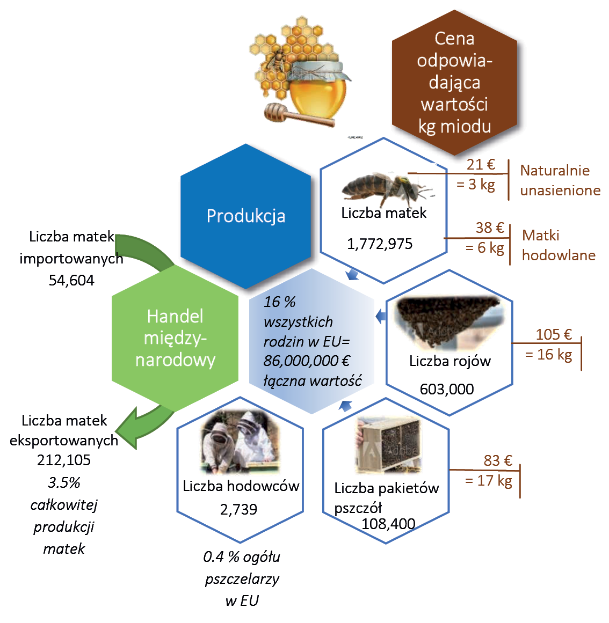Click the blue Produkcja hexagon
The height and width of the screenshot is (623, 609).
(246, 216)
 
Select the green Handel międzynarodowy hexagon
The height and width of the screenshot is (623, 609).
(175, 338)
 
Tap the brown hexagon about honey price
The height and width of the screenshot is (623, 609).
(454, 82)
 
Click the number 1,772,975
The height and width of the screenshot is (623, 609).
(380, 244)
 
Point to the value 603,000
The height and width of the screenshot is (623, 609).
(447, 389)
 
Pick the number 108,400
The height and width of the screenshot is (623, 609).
(388, 524)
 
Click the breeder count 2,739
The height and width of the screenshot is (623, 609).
(238, 509)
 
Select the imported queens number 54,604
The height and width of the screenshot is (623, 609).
(71, 280)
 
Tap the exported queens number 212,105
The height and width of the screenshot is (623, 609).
(64, 460)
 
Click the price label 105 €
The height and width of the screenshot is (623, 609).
(554, 334)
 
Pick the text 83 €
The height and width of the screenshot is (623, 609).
(498, 460)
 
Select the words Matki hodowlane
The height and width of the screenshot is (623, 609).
(559, 245)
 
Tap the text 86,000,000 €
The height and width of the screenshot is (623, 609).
(307, 361)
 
